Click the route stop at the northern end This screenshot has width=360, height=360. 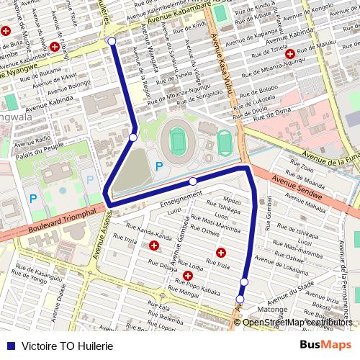112,42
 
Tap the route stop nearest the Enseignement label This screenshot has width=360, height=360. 193,181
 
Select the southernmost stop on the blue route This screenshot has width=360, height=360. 240,300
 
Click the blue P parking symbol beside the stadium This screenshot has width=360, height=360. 159,167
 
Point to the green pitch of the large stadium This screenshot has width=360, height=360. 177,138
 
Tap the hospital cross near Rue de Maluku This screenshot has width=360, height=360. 290,54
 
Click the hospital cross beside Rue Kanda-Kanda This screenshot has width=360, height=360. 155,246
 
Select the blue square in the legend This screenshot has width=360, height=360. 10,346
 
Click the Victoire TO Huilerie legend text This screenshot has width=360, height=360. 68,346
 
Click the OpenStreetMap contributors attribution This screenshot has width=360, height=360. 298,322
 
